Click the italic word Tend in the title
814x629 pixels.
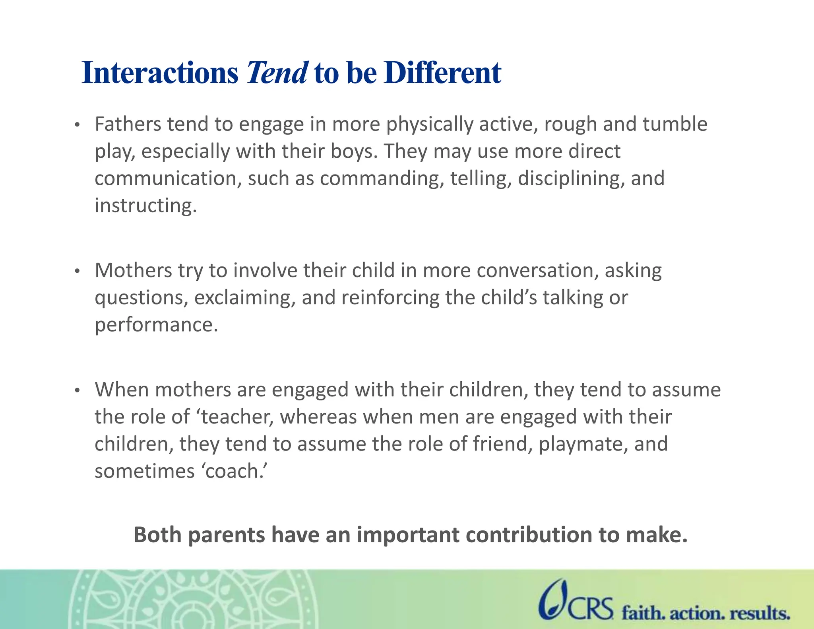pos(277,73)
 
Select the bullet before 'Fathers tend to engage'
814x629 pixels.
pos(78,126)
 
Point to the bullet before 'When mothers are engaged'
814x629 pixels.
pos(78,391)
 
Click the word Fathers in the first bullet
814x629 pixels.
pos(128,124)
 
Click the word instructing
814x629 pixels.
pos(145,206)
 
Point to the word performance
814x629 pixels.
pos(156,325)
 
